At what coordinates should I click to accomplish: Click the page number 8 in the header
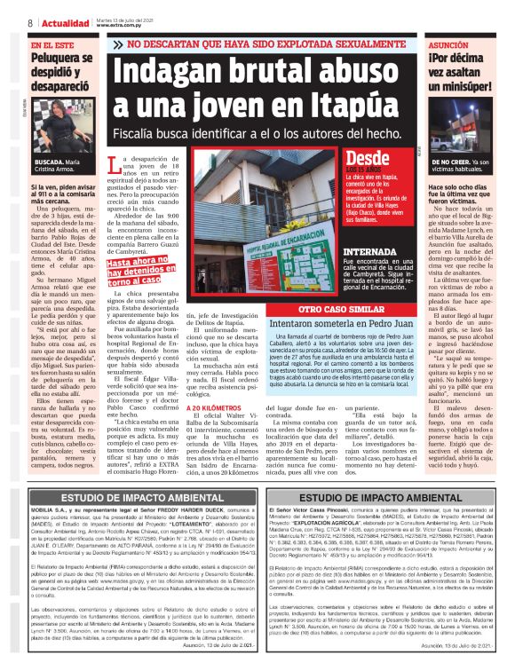[x=30, y=22]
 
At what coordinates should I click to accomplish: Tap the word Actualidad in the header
[x=65, y=22]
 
